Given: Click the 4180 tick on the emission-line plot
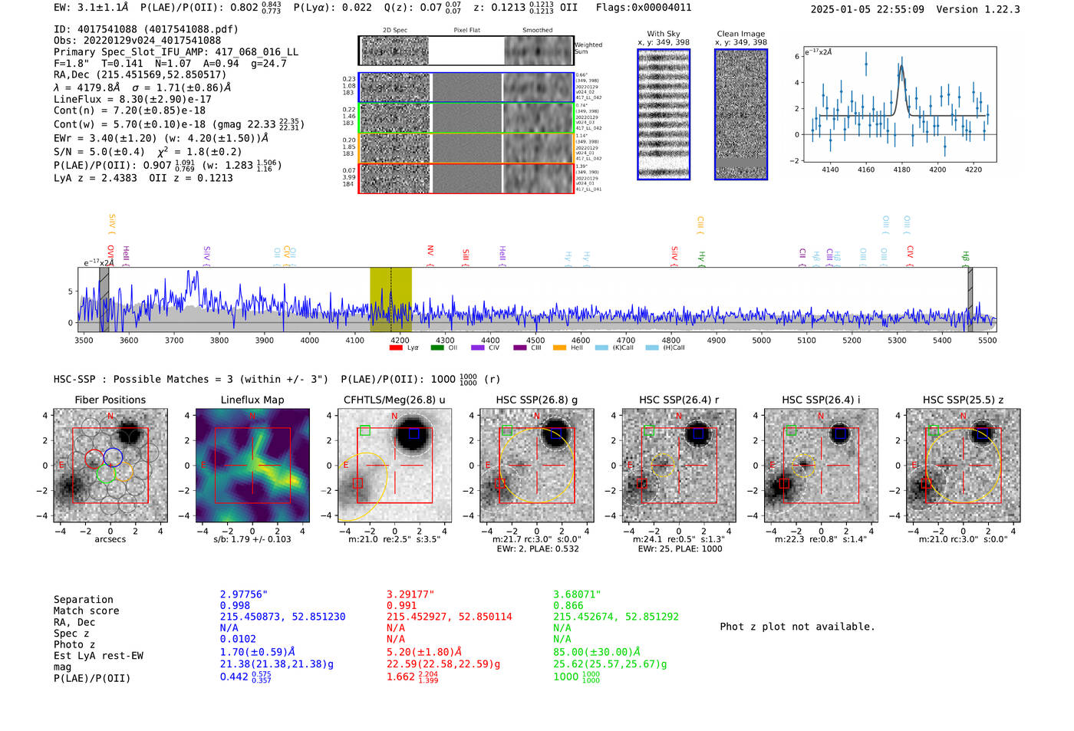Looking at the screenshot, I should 901,170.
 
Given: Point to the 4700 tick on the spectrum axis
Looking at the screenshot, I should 626,340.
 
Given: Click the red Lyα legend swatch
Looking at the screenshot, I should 396,347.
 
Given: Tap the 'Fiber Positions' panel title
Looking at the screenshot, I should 110,400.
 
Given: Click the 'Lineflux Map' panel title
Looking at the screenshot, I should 252,400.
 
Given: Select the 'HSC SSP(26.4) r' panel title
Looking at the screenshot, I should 679,400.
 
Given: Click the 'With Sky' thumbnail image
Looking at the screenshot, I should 664,114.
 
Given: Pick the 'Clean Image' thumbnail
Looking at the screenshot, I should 740,114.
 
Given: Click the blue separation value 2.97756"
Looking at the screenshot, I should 244,594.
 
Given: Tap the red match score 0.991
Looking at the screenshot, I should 403,605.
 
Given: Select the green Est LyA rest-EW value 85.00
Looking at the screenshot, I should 596,652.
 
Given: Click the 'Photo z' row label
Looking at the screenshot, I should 74,644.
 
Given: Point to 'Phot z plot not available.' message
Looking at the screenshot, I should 797,627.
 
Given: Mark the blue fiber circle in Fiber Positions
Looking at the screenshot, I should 113,457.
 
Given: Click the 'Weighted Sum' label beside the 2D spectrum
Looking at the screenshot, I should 588,48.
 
